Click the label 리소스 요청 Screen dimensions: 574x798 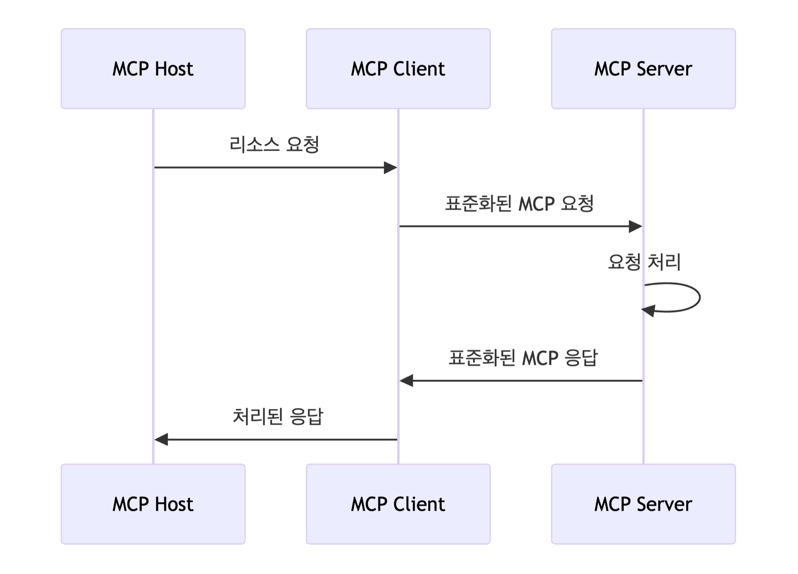274,145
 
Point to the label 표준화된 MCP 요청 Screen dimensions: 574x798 519,204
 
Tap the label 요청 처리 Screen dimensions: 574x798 644,262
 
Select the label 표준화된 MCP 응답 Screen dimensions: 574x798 522,358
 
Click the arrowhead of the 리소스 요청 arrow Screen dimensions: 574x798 391,168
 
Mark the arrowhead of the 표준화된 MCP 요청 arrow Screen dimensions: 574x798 635,226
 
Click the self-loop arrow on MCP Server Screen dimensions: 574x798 699,297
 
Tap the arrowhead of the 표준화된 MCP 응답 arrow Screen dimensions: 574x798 406,381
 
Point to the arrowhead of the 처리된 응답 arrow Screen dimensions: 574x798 161,439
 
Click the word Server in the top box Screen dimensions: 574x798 664,69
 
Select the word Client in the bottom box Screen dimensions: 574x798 419,504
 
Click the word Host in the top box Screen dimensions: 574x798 174,69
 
